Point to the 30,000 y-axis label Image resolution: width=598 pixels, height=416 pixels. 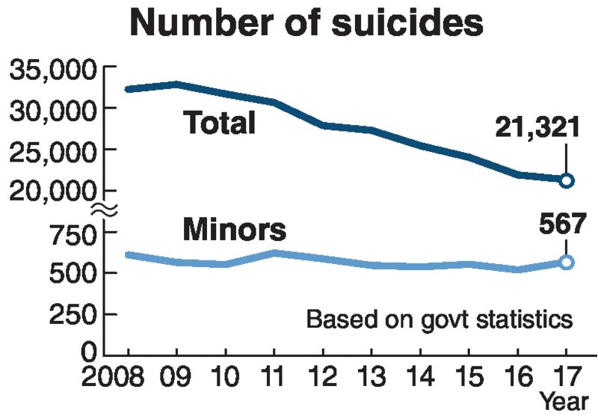[52, 111]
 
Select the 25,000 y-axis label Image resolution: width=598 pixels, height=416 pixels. [52, 152]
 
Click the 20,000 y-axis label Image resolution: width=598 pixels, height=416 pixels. [52, 192]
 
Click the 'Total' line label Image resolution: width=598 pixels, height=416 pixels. [219, 123]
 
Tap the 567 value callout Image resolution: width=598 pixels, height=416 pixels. [558, 224]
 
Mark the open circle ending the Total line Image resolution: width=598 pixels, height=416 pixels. [567, 180]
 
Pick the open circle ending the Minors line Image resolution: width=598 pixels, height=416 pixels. [567, 262]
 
